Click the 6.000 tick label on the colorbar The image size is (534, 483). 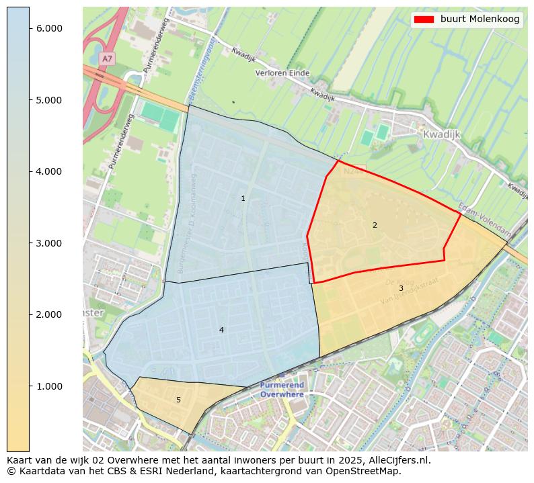point(49,28)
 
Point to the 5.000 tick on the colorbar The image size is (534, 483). point(49,100)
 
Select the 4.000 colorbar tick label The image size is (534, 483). point(49,171)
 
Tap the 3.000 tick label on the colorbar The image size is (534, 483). point(49,243)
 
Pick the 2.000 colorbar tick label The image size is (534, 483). point(49,314)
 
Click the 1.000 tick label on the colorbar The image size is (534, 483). point(49,386)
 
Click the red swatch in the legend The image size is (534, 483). point(425,19)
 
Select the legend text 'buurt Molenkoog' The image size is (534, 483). point(480,19)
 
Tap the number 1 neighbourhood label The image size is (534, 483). point(243,199)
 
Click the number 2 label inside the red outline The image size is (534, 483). point(375,225)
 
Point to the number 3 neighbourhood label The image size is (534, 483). point(401,289)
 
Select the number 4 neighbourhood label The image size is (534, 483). point(221,330)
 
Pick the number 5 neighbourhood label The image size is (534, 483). point(178,400)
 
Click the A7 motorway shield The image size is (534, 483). point(107,59)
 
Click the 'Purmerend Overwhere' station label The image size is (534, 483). point(282,390)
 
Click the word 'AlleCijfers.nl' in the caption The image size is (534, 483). point(397,461)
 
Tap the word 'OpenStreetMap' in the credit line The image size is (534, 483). point(367,471)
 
